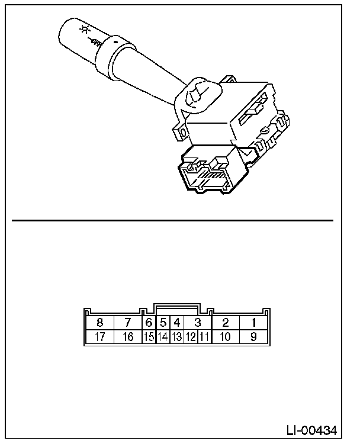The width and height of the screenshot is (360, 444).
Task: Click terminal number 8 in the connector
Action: click(x=99, y=323)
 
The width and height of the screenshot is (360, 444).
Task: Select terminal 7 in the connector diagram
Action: click(x=127, y=323)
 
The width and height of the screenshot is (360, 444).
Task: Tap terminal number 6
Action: click(x=149, y=323)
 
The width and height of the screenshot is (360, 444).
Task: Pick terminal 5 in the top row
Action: click(x=163, y=323)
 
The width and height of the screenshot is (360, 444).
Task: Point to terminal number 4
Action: click(x=176, y=323)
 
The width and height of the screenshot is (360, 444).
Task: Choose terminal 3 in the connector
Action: click(x=198, y=323)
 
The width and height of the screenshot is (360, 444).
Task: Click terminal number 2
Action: click(x=225, y=323)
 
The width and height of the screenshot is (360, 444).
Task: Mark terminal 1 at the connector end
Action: click(x=253, y=323)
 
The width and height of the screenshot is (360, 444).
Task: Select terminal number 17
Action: click(x=99, y=337)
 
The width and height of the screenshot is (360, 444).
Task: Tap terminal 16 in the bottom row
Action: click(x=127, y=337)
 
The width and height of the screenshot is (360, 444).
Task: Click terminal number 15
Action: click(x=149, y=337)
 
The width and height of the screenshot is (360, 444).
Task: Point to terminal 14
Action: click(x=163, y=337)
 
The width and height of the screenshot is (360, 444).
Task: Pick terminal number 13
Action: click(x=176, y=337)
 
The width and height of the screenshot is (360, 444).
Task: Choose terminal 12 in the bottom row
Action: click(x=191, y=337)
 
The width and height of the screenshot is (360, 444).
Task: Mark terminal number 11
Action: click(x=204, y=337)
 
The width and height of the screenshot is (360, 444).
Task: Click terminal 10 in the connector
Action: click(x=225, y=337)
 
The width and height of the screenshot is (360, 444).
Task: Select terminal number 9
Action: click(x=253, y=337)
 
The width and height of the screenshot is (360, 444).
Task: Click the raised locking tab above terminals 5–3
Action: click(x=176, y=308)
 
